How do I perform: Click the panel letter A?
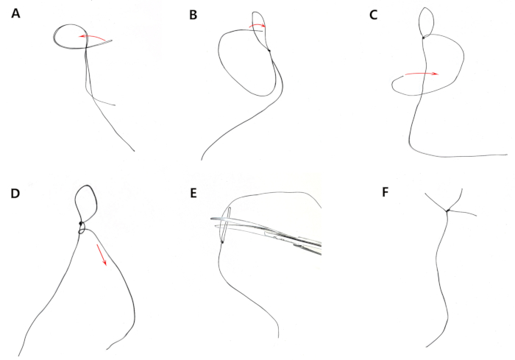[x=15, y=14]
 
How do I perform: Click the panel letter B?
[x=193, y=15]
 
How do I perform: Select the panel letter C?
[x=374, y=15]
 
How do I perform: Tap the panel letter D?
[x=15, y=194]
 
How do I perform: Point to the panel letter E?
[x=193, y=194]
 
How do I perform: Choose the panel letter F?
[x=386, y=192]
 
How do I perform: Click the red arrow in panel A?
[x=92, y=37]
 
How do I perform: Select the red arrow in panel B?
[x=257, y=25]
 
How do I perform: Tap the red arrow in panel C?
[x=422, y=74]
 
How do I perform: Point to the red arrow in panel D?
[x=102, y=255]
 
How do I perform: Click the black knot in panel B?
[x=269, y=51]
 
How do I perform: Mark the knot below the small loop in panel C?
[x=424, y=38]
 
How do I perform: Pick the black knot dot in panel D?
[x=81, y=224]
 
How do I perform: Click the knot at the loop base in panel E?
[x=222, y=242]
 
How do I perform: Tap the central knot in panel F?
[x=447, y=211]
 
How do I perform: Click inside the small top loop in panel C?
[x=426, y=21]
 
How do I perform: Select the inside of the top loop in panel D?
[x=86, y=204]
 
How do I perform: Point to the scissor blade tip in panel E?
[x=212, y=219]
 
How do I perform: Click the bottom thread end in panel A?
[x=134, y=151]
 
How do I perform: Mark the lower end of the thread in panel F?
[x=426, y=347]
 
